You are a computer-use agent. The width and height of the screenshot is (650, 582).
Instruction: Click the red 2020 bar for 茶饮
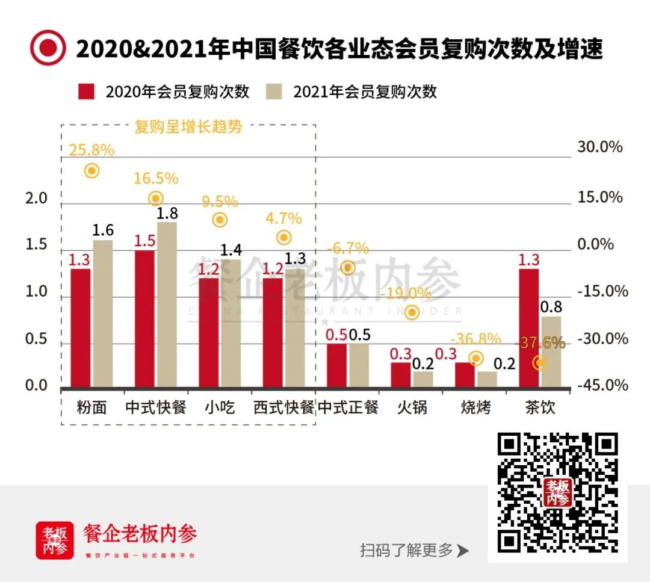pos(529,328)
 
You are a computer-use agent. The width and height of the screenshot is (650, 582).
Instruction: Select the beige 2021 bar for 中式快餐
pos(167,305)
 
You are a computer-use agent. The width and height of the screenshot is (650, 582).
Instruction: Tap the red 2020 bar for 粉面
pos(81,328)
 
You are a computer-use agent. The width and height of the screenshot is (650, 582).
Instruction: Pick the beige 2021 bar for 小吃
pos(231,323)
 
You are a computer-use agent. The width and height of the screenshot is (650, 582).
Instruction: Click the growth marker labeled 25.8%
pos(91,171)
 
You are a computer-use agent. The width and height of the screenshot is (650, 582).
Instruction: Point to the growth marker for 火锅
pos(412,312)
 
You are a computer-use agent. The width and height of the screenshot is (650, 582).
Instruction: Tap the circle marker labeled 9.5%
pos(220,220)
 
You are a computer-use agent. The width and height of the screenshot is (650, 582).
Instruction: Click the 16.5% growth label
pos(155,178)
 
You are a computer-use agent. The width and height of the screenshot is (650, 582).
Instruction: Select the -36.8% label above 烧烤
pos(475,339)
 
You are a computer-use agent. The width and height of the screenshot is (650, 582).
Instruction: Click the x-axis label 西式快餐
pos(283,407)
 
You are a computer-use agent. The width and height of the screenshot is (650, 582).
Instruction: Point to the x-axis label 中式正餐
pos(348,407)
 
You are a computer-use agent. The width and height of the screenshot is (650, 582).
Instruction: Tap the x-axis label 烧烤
pos(476,407)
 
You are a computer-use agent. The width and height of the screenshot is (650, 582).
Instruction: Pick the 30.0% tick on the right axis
pos(599,147)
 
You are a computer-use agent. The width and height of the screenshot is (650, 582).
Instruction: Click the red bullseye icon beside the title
pos(48,48)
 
